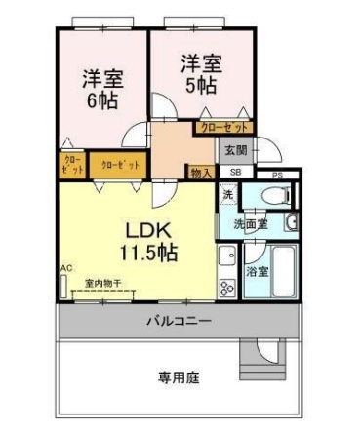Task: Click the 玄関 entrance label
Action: click(235, 151)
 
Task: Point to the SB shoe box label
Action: click(235, 173)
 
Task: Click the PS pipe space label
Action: click(278, 176)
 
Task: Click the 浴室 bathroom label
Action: click(258, 270)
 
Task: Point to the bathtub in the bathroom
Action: click(284, 272)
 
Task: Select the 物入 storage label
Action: click(201, 173)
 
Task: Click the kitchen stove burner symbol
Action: click(226, 287)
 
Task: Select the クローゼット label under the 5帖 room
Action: click(224, 126)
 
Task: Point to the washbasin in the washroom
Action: click(291, 222)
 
